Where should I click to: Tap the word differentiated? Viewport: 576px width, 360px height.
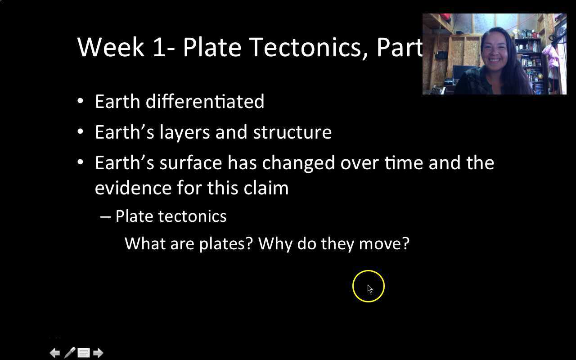point(205,101)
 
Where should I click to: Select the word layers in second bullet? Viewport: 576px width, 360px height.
point(184,132)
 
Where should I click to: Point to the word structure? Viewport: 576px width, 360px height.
point(292,132)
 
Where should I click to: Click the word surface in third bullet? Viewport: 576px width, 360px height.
point(190,162)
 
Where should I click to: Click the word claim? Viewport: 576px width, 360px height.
point(266,188)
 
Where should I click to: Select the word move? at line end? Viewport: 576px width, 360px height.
point(384,243)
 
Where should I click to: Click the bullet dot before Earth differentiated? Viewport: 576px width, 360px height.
point(80,101)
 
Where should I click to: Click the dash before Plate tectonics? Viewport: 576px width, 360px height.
point(105,216)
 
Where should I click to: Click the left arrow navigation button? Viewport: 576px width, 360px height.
point(54,353)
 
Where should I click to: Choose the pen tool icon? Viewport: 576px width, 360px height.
point(69,353)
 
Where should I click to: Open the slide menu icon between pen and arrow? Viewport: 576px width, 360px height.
point(84,353)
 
